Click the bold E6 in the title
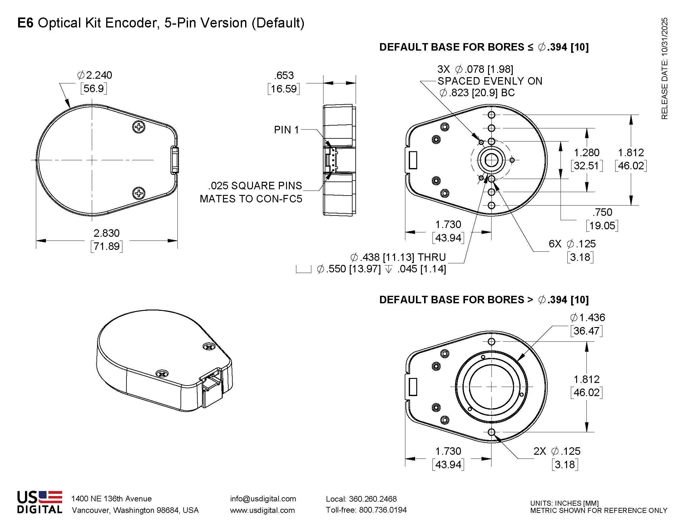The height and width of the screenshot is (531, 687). tap(25, 23)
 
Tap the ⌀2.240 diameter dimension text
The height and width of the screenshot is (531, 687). tap(94, 75)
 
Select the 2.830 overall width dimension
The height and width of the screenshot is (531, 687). tap(106, 233)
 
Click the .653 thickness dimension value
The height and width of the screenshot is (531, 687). tap(284, 76)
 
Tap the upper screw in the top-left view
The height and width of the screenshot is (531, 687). tap(139, 127)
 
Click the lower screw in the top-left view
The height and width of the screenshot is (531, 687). tap(139, 193)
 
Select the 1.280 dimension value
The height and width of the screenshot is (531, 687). tap(587, 152)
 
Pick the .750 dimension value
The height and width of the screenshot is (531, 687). tap(602, 212)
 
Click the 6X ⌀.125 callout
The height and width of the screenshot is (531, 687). tap(572, 244)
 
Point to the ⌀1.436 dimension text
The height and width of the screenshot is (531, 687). tap(587, 318)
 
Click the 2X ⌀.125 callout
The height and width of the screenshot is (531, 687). tap(557, 451)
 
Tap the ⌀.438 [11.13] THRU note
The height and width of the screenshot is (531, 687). tap(398, 257)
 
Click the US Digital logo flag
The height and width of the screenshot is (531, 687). tap(50, 497)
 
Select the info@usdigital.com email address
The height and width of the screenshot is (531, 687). tap(263, 499)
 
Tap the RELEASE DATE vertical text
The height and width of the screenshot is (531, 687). tap(664, 68)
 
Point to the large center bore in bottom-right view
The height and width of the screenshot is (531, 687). tap(491, 387)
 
